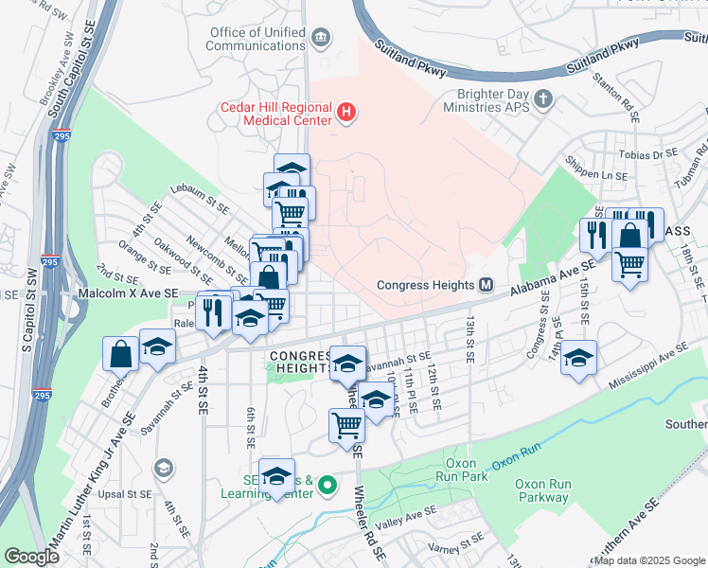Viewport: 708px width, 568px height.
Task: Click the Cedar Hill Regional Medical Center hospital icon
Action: [x=346, y=114]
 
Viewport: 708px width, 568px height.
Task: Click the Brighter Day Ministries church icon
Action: [x=543, y=98]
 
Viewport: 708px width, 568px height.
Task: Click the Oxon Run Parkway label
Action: [x=542, y=489]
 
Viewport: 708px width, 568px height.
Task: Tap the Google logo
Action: [x=31, y=557]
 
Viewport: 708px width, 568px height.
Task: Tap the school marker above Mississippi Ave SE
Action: [x=578, y=359]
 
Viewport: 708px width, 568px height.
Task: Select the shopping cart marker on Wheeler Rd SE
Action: [x=346, y=425]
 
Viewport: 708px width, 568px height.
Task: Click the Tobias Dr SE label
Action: [x=653, y=153]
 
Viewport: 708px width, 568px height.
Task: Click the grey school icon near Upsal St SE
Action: [x=164, y=469]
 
